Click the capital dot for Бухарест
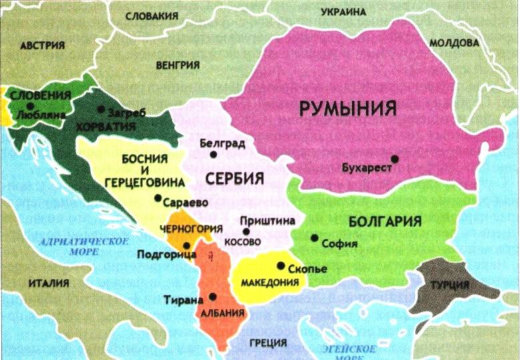click(395, 158)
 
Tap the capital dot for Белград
click(214, 154)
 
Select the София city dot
click(314, 238)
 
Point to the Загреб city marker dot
click(101, 109)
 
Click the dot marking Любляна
click(30, 105)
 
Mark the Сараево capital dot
click(158, 198)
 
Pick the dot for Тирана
click(212, 297)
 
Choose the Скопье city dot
click(280, 266)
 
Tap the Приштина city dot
click(246, 231)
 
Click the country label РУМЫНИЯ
click(348, 108)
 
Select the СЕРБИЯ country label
click(234, 179)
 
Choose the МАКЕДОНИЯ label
click(269, 282)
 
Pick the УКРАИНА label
click(343, 12)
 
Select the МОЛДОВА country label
click(454, 43)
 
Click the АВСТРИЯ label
click(43, 45)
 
